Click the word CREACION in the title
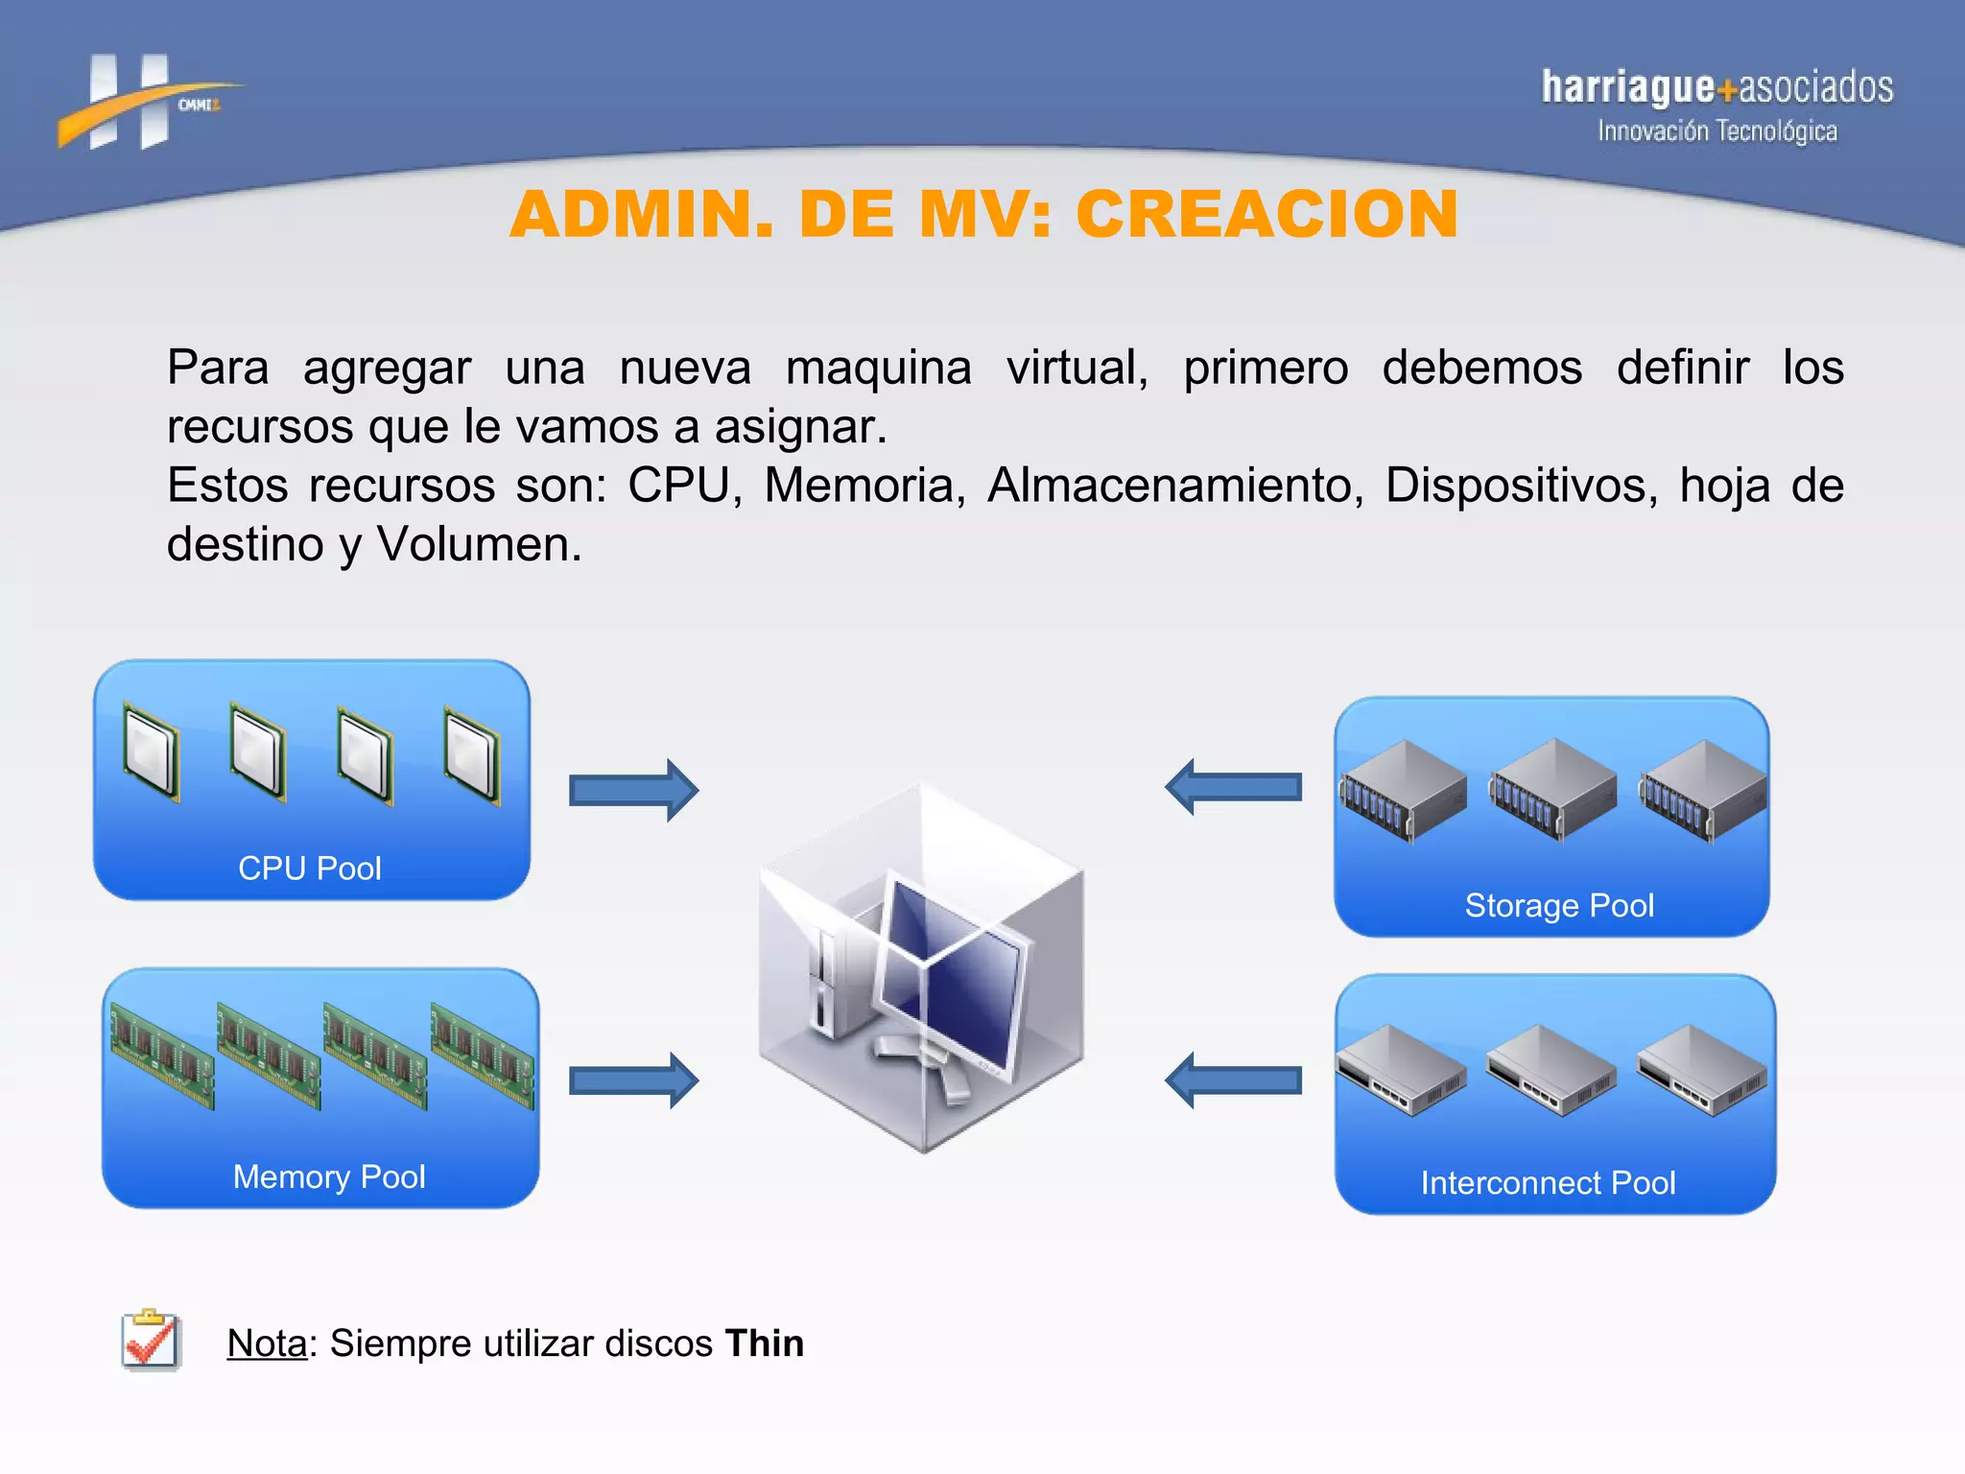click(1267, 214)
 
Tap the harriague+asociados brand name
click(1716, 87)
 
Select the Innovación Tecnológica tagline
click(1716, 131)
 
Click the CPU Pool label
click(309, 868)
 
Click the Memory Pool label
click(328, 1177)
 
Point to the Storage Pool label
click(1559, 905)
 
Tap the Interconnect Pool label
click(1548, 1182)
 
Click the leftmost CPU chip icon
click(152, 754)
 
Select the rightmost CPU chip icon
click(471, 754)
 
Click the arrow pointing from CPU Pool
click(633, 790)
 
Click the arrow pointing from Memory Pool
click(633, 1081)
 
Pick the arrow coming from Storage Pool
click(1234, 787)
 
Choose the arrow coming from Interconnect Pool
click(1234, 1081)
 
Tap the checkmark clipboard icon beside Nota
click(151, 1341)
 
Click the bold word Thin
click(765, 1343)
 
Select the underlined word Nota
click(267, 1343)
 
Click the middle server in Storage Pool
click(1552, 789)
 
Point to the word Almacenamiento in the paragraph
click(1175, 486)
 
